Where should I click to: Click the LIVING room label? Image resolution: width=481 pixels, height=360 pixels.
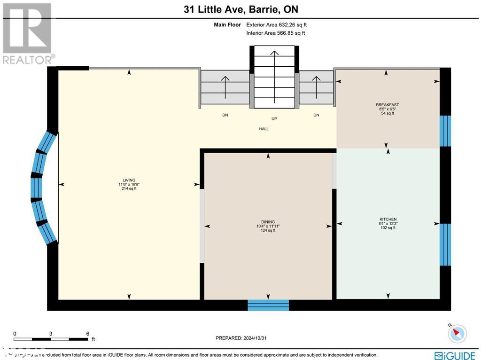[129, 180]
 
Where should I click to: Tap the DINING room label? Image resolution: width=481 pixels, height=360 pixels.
[268, 222]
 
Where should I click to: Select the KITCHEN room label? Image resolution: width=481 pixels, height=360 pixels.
[388, 219]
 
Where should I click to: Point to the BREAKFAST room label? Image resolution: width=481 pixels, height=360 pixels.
[387, 105]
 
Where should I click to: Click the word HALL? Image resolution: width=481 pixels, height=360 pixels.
[264, 129]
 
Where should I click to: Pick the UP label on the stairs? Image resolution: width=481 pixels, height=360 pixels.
[274, 118]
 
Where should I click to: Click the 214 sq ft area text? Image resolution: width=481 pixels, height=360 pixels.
[129, 189]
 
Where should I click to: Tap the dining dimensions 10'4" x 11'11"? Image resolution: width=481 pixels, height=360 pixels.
[268, 226]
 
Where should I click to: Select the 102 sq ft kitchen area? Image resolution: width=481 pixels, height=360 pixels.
[388, 228]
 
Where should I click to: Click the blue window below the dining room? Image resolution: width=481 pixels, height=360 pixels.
[268, 305]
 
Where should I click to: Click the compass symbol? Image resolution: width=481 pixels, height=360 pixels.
[457, 334]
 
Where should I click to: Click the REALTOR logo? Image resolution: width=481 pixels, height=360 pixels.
[27, 33]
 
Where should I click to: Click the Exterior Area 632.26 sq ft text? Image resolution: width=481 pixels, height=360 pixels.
[276, 24]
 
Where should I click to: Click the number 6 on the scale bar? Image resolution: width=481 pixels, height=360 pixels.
[87, 333]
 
